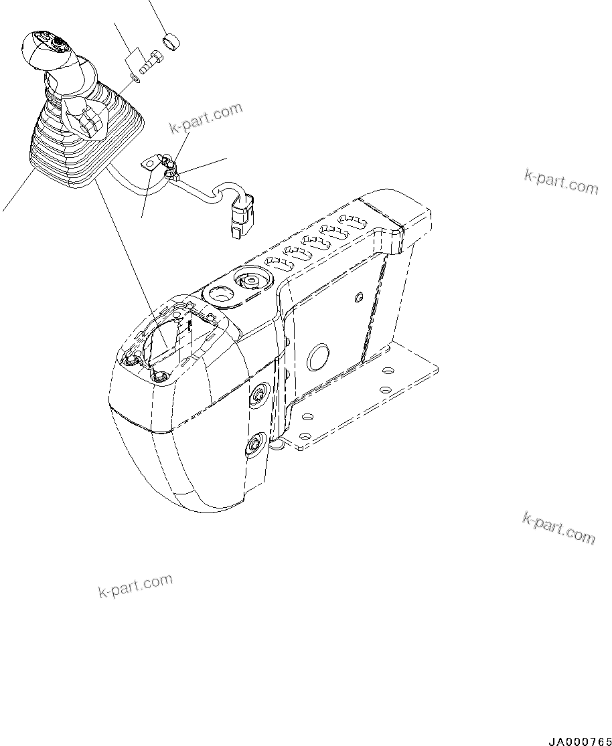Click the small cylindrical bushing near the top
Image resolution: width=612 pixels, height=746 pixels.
(172, 41)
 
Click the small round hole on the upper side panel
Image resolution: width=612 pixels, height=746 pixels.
(360, 296)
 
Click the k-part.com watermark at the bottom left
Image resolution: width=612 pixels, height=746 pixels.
(135, 585)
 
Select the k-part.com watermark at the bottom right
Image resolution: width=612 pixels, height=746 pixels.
(558, 528)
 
